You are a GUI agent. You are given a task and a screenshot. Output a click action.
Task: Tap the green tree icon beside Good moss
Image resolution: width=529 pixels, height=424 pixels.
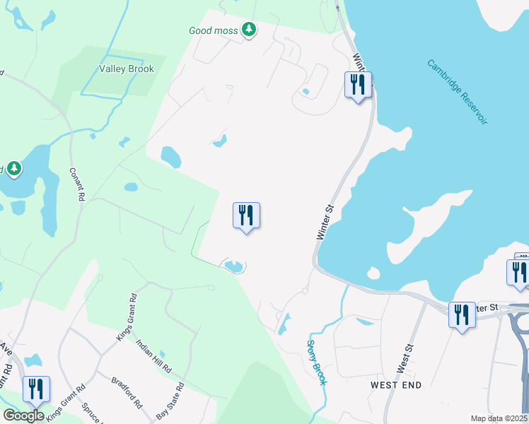248,29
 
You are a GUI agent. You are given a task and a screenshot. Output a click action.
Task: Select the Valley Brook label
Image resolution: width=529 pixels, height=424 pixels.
127,69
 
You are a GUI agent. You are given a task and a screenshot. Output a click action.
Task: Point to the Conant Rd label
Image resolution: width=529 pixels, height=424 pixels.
77,184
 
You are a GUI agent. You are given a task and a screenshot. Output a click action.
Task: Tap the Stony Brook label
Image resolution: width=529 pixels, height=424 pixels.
316,363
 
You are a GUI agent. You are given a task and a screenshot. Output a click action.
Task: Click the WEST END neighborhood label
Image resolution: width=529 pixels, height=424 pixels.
396,385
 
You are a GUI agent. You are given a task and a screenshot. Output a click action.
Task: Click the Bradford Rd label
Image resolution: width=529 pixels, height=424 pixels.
127,392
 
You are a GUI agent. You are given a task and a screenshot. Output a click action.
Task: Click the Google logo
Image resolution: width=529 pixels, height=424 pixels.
23,415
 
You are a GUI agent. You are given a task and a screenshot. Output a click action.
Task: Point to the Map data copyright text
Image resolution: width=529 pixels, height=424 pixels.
499,418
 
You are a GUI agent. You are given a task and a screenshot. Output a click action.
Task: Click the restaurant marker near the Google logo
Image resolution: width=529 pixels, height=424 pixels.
36,389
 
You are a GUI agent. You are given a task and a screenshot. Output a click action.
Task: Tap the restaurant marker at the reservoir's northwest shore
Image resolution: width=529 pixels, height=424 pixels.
358,85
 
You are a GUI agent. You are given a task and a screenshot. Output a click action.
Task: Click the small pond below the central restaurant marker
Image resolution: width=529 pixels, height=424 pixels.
233,266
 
